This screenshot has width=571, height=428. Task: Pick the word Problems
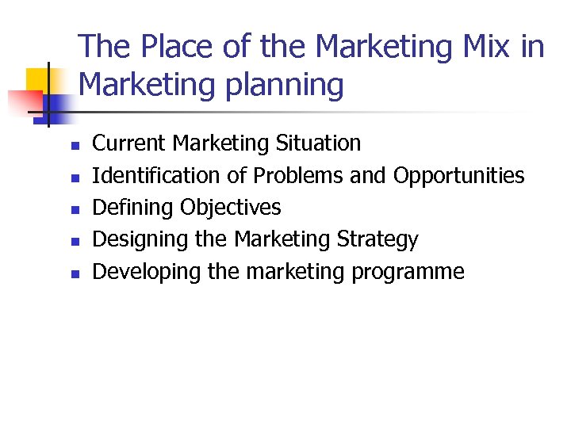(298, 175)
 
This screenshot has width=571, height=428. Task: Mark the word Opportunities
(459, 175)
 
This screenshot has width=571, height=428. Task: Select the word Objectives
(231, 208)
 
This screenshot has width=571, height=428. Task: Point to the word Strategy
(377, 239)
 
